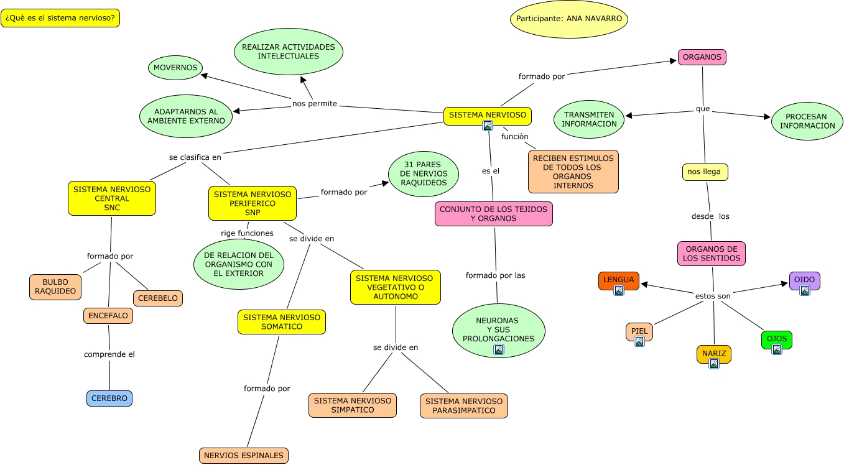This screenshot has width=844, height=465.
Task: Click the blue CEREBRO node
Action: click(109, 398)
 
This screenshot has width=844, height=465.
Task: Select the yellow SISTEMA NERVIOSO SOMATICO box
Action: click(282, 322)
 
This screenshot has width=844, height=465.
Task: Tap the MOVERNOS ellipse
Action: click(175, 68)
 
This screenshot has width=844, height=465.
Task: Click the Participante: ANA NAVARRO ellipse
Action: click(569, 19)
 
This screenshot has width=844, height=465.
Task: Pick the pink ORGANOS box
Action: click(702, 57)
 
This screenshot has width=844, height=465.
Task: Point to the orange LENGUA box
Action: click(619, 280)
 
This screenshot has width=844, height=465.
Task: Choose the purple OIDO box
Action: click(804, 280)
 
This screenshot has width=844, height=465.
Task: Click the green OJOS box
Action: click(777, 339)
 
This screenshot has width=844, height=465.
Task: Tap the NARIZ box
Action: click(714, 354)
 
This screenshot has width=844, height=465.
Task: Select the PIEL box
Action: click(639, 332)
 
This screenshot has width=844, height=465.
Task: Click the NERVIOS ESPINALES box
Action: click(244, 456)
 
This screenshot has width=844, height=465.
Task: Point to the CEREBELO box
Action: click(158, 298)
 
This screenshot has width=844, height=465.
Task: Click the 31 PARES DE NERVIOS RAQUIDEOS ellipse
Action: click(424, 174)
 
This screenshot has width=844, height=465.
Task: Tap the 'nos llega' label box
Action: click(705, 172)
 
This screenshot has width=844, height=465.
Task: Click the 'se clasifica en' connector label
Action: click(195, 157)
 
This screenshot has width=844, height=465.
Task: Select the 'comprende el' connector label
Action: click(109, 354)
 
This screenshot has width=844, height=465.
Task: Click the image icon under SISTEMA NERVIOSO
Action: click(488, 126)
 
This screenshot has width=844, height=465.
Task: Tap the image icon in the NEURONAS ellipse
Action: click(498, 349)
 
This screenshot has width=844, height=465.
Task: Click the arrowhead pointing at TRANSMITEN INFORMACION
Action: click(629, 116)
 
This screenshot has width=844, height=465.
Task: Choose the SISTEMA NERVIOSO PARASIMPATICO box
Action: click(464, 406)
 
